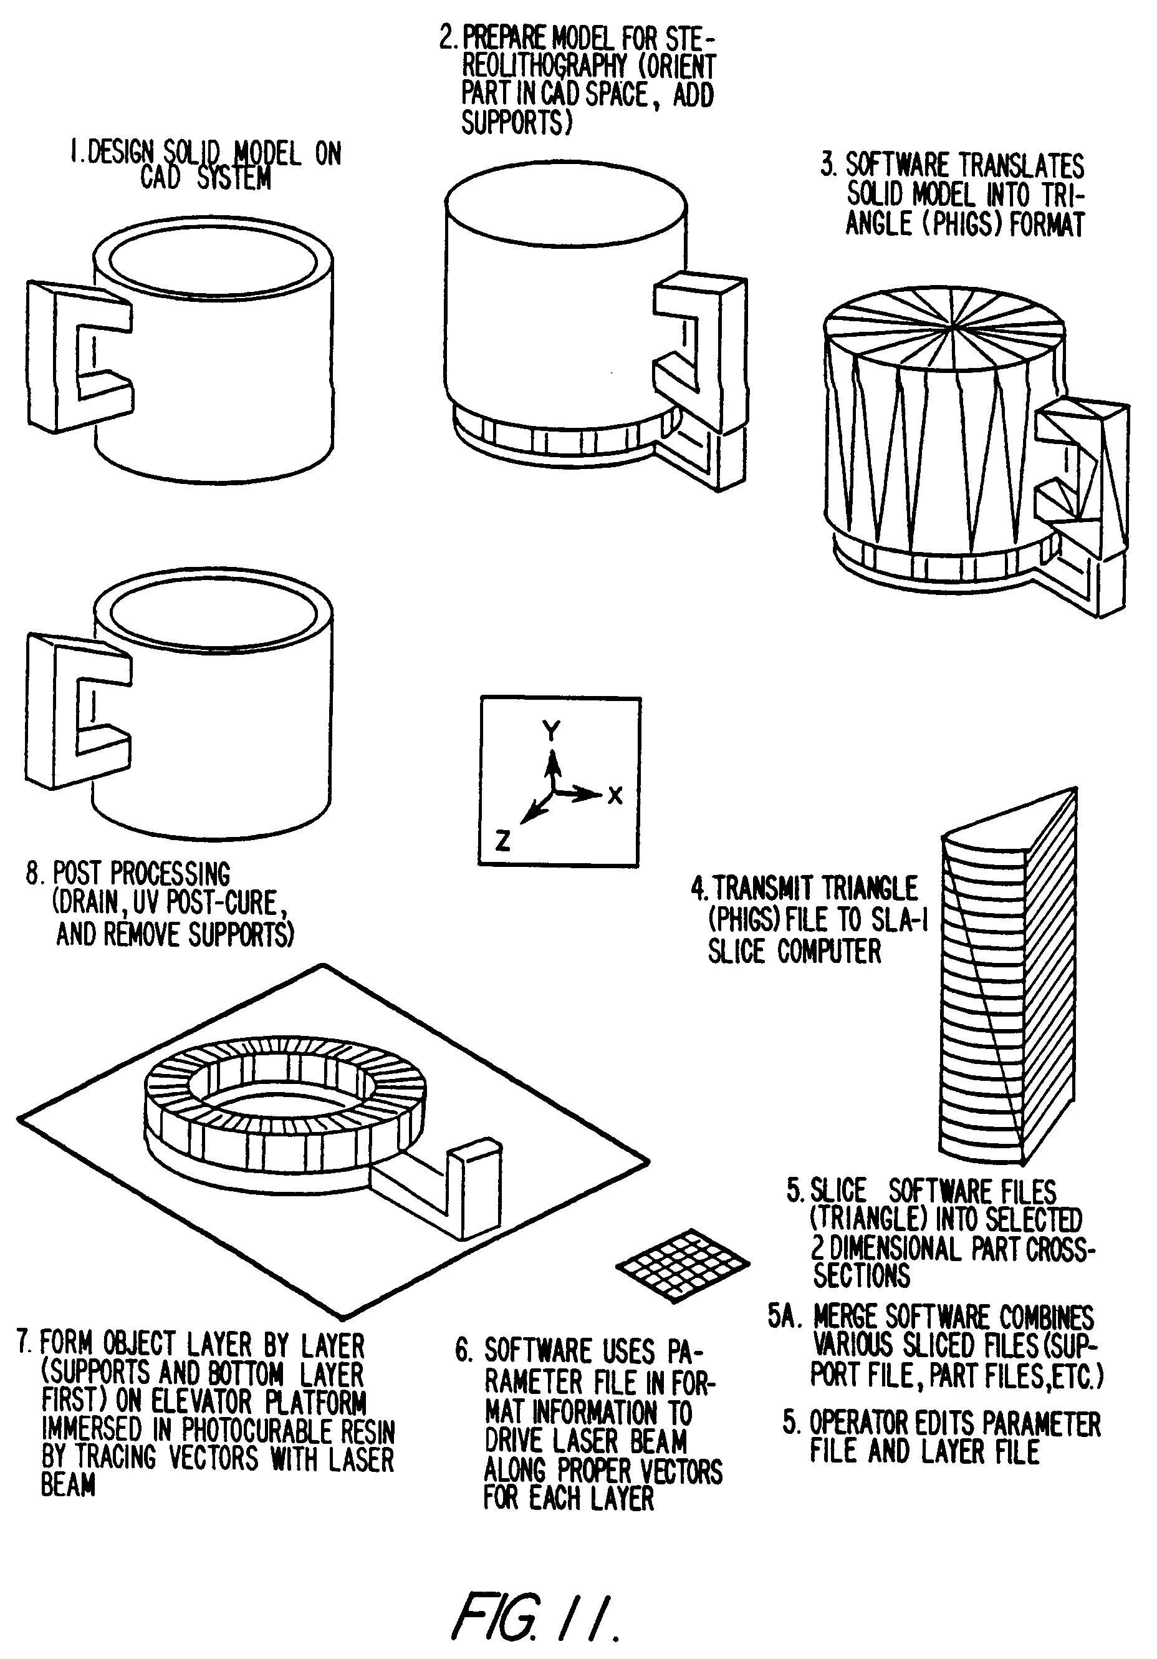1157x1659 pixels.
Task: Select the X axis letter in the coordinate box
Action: pos(615,796)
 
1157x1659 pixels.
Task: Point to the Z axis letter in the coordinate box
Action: pos(502,840)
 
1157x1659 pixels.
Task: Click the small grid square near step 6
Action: pos(683,1264)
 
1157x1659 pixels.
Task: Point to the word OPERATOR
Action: pos(859,1423)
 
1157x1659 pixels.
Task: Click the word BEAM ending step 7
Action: pos(68,1486)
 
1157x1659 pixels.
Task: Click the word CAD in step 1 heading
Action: pos(160,178)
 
